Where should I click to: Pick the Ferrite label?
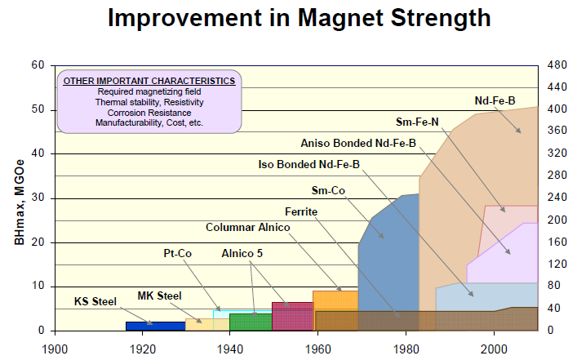tap(300, 211)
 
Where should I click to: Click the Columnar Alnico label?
tap(247, 227)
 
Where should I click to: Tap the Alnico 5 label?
tap(242, 254)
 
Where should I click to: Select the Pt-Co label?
tap(177, 254)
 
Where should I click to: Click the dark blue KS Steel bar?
tap(155, 326)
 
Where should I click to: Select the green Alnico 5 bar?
tap(251, 322)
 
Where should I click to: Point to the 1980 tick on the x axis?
tap(406, 347)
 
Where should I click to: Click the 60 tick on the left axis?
tap(37, 65)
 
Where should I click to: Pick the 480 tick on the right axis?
tap(556, 65)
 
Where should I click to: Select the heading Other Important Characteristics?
tap(149, 81)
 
